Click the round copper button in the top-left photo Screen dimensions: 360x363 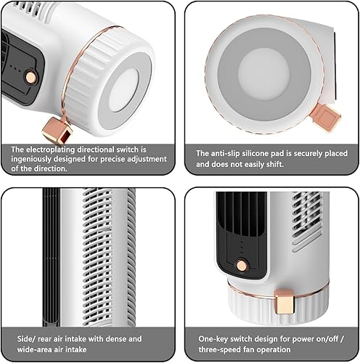[x=31, y=77]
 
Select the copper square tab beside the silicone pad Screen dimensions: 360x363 [x=326, y=117]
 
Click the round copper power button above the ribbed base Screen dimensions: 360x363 [x=242, y=266]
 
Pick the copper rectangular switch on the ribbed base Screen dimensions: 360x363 [x=285, y=302]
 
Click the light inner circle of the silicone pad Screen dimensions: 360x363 [x=264, y=73]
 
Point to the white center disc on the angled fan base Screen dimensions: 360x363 [x=124, y=90]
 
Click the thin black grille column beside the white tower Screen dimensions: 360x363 [x=52, y=257]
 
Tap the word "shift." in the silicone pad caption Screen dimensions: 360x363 [x=275, y=164]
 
